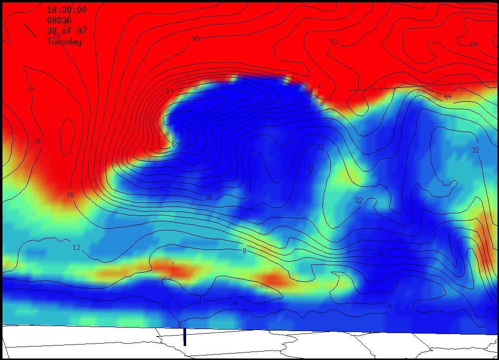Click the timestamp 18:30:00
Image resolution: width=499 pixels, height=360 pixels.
click(66, 10)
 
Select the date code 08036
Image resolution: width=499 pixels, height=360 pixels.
click(59, 20)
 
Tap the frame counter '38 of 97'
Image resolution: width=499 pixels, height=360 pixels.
click(66, 31)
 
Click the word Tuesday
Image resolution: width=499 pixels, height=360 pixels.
click(64, 42)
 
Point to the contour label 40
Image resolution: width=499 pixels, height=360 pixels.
click(196, 38)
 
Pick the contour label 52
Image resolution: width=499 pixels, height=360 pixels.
click(334, 42)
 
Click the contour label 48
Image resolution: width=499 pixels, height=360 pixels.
click(308, 94)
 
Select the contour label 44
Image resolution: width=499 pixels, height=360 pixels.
click(448, 96)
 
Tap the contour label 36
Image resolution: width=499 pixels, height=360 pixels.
click(209, 197)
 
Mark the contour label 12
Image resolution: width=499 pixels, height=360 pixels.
click(76, 247)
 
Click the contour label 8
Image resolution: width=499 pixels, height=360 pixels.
click(244, 250)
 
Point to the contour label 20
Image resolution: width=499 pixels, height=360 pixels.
click(56, 36)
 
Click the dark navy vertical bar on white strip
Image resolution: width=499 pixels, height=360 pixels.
click(185, 337)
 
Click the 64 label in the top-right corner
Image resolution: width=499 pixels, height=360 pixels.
click(473, 44)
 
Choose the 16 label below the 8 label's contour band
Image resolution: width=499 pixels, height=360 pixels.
click(381, 254)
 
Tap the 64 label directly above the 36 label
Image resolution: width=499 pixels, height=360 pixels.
click(176, 144)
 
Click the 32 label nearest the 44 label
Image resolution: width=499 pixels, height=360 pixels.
click(475, 150)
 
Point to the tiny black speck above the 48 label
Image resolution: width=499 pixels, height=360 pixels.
click(319, 86)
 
